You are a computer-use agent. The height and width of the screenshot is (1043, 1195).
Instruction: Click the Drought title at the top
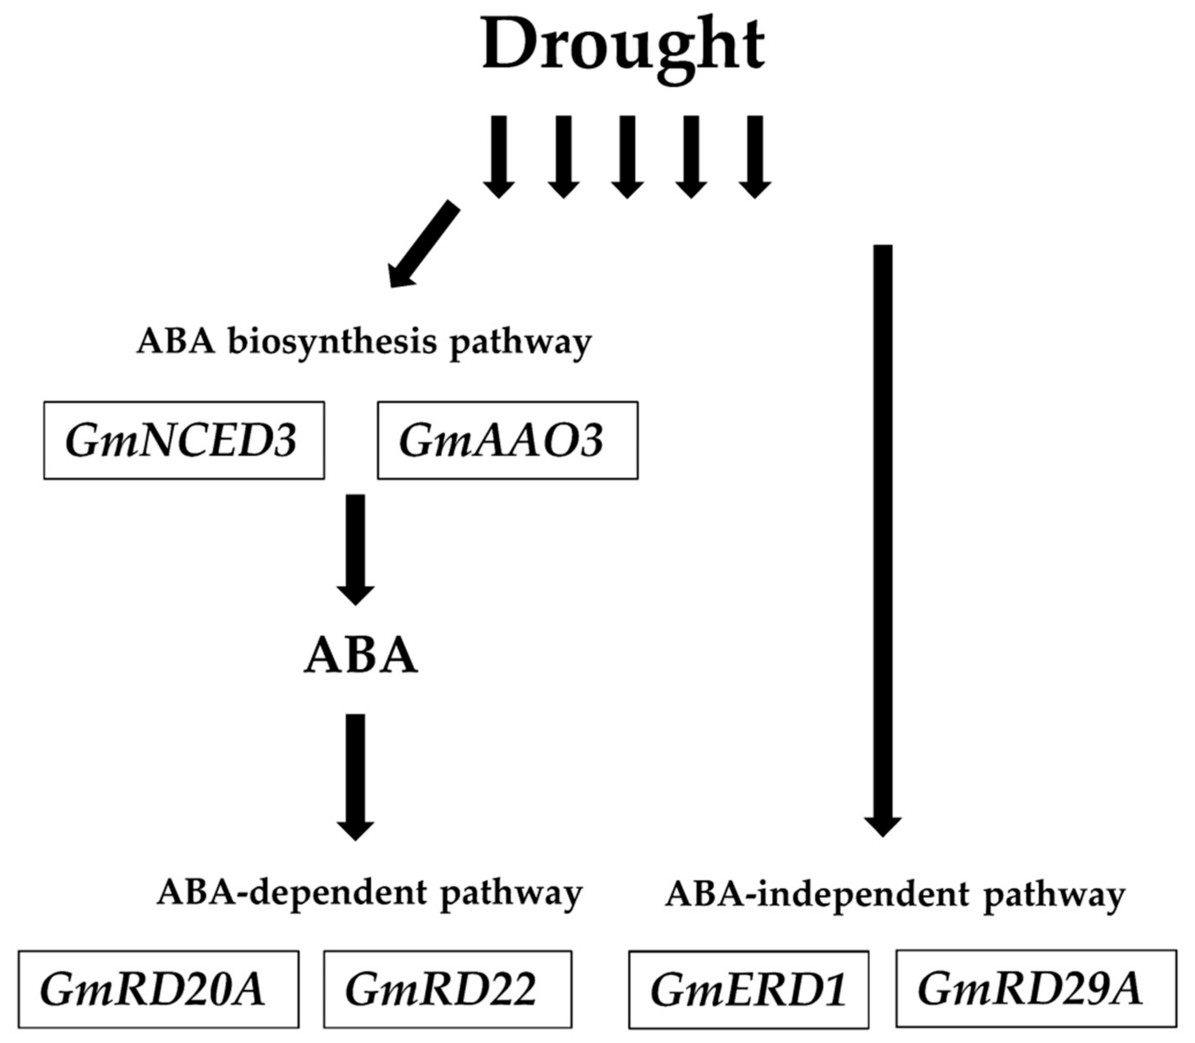coord(623,47)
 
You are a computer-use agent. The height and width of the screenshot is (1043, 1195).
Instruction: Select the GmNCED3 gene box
coord(184,441)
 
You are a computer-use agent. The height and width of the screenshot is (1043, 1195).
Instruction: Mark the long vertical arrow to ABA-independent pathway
coord(883,524)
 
